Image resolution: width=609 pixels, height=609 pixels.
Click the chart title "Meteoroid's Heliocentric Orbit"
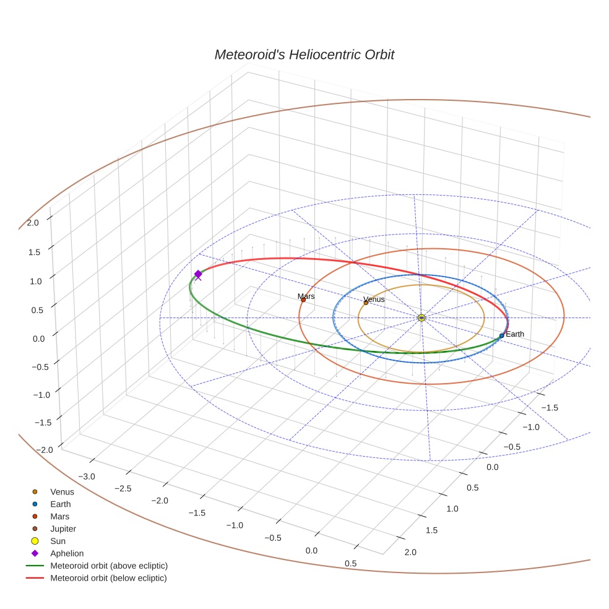click(304, 54)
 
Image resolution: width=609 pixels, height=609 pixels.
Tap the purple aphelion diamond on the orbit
click(198, 274)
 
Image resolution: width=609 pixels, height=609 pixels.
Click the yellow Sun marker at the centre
click(421, 317)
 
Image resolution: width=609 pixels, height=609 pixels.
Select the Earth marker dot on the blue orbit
click(501, 335)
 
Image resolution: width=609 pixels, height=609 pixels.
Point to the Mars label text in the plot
click(306, 296)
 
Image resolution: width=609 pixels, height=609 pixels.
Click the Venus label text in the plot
click(374, 300)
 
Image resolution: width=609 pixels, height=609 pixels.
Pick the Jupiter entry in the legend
click(63, 529)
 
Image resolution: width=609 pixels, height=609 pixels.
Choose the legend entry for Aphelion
click(66, 553)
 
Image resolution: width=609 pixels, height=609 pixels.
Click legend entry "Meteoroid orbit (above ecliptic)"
click(109, 566)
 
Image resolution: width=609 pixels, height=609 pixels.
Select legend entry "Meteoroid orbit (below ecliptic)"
click(108, 578)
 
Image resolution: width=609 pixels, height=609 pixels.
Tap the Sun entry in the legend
click(58, 541)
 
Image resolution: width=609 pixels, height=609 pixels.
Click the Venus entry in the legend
click(62, 492)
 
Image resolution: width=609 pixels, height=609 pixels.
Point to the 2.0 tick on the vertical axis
click(32, 222)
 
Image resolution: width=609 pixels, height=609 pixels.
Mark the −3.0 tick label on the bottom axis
click(87, 476)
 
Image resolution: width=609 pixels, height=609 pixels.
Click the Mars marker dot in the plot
click(303, 300)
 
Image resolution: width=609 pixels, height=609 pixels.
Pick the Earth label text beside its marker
click(515, 334)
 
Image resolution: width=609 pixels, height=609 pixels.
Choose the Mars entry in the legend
click(59, 516)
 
